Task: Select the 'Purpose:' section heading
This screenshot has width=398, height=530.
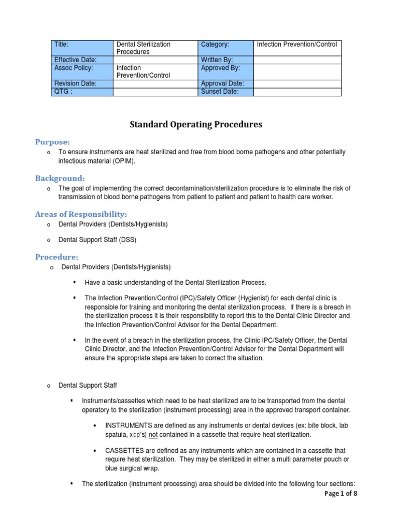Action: click(52, 142)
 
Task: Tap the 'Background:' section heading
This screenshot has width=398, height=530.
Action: click(60, 178)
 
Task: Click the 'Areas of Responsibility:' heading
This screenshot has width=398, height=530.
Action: click(81, 214)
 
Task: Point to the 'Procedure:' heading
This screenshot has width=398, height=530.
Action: click(56, 257)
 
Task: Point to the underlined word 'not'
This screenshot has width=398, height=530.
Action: click(153, 434)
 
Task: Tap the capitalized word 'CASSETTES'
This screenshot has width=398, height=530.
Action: click(124, 450)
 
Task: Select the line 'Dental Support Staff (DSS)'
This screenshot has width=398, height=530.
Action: click(101, 240)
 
